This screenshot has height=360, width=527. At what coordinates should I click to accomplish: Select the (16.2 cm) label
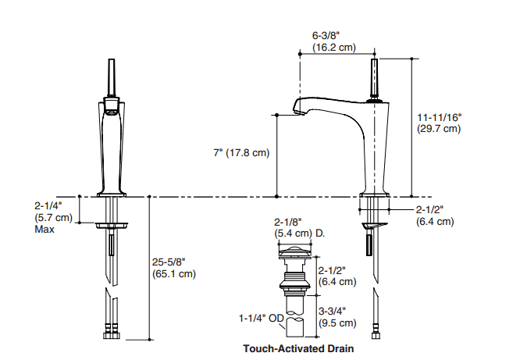333,48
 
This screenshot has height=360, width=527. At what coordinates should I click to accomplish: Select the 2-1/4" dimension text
52,207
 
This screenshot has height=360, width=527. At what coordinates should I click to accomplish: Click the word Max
45,230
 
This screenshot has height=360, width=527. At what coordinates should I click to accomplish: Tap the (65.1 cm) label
174,274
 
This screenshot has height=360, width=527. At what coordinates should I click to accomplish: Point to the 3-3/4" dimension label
333,310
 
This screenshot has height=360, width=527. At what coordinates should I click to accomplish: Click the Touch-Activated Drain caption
298,348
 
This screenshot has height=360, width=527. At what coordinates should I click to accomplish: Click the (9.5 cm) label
336,323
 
